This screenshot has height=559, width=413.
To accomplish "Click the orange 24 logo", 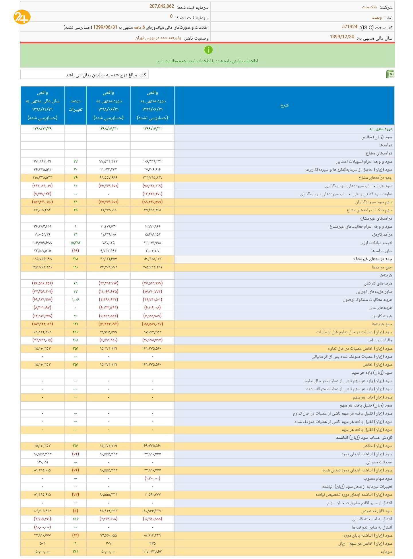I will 22,18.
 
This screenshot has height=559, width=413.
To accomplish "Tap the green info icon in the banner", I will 208,50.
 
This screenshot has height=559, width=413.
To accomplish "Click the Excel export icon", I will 390,74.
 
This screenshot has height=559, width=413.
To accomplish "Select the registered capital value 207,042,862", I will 162,7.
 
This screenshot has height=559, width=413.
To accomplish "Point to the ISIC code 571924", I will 350,27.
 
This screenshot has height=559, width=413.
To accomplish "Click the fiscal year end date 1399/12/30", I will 342,37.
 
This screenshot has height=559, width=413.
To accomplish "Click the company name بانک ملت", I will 369,7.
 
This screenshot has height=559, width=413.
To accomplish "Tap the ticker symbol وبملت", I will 377,18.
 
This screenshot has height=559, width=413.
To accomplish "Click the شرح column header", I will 284,105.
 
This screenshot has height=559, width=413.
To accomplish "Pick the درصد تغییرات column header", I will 75,105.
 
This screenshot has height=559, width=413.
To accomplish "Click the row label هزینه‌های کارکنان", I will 378,283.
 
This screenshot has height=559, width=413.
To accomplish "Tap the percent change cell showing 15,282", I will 75,243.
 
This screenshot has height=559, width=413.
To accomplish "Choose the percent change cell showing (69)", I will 75,251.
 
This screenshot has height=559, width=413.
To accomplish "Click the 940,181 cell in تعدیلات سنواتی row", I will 42,462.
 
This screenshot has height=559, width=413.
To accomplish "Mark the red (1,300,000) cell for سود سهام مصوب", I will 152,478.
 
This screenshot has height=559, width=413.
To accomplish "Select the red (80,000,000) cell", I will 42,527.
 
